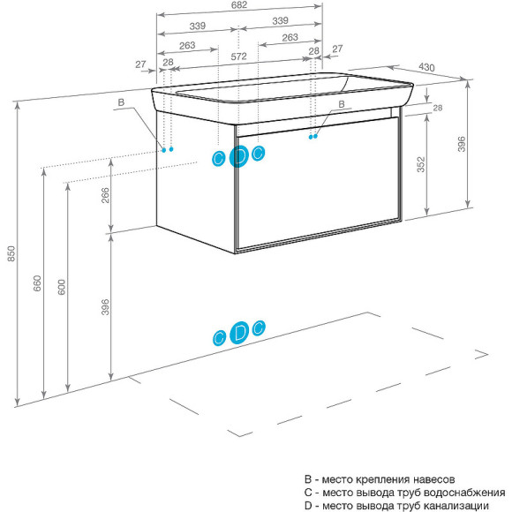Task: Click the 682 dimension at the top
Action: tap(239, 5)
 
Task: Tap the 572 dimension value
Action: tap(238, 56)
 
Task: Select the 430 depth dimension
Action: tap(426, 67)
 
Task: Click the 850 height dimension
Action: tap(11, 253)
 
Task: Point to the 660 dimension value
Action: tap(37, 283)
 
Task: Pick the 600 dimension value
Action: tap(62, 287)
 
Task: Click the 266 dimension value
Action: tap(105, 195)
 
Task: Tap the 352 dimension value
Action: tap(421, 164)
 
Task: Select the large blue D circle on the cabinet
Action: tap(239, 157)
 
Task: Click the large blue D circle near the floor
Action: tap(239, 333)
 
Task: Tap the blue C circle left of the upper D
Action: tap(218, 159)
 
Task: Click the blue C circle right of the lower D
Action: tap(259, 328)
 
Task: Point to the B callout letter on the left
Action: tap(121, 102)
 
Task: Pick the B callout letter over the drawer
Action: tap(342, 104)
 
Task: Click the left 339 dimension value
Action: tap(198, 26)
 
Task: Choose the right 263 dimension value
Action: tap(290, 38)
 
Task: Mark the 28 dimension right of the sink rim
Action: tap(438, 108)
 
